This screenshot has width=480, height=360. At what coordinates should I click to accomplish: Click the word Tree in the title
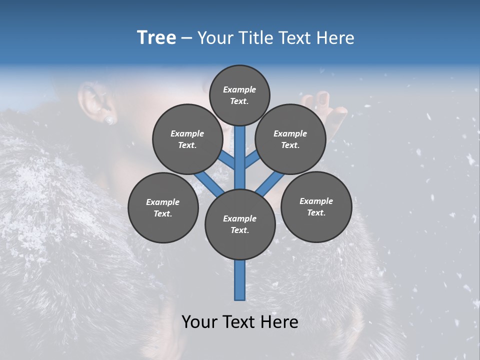coord(156,38)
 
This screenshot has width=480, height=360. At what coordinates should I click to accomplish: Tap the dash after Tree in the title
coord(186,38)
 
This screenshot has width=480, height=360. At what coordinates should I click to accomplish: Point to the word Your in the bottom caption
coord(201,322)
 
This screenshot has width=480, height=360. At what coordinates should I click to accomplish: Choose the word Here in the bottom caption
coord(280,322)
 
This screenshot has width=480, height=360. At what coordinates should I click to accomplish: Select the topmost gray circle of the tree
coord(239,95)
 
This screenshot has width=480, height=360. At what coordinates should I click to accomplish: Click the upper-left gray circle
coord(187,139)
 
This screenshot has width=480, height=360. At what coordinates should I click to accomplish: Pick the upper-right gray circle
coord(290,139)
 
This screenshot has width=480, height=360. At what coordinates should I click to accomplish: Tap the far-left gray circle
coord(163,207)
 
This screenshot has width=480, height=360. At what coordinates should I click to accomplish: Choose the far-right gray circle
coord(316,206)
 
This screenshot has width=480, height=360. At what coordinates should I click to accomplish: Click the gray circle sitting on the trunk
coord(240,224)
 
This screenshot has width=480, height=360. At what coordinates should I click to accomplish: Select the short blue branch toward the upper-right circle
coord(252,159)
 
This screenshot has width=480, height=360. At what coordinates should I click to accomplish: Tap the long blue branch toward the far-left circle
coord(209,183)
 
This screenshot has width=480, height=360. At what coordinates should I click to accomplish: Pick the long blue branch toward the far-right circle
coord(270,184)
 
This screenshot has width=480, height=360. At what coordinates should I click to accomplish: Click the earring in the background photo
coord(109,120)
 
